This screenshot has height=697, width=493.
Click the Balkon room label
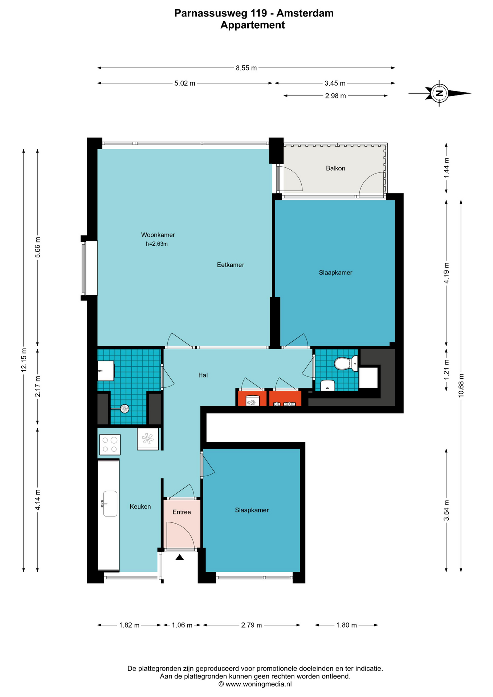335,168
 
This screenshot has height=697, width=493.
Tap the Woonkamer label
158,235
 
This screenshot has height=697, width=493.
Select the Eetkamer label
231,265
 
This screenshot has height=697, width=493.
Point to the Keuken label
140,507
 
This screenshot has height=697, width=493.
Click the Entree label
182,512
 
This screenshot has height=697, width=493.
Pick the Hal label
203,375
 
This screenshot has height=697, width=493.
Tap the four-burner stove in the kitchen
110,445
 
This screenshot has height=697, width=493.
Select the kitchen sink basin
110,504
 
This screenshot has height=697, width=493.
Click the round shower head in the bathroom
125,409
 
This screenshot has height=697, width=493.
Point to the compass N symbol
439,93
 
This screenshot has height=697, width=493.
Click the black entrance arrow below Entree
180,557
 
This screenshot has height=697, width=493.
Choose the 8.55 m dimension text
246,68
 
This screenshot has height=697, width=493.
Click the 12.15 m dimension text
24,360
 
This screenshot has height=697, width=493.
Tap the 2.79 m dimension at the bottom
251,625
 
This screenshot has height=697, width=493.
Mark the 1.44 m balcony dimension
447,167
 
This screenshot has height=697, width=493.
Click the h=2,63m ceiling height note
157,244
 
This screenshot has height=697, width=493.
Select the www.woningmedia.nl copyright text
255,684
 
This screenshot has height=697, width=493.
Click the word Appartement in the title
253,25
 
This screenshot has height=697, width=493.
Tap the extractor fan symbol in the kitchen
148,439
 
